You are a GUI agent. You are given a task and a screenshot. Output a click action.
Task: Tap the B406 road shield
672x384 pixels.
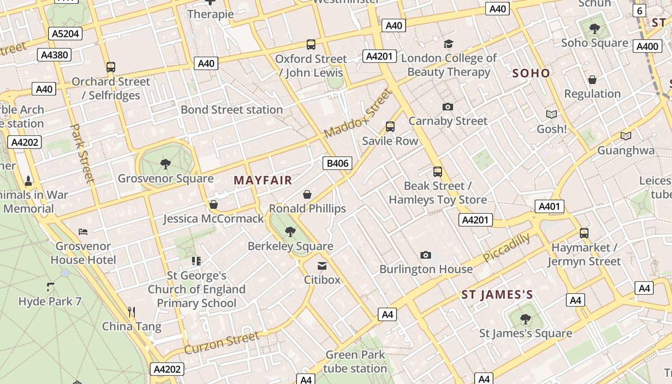coord(337,163)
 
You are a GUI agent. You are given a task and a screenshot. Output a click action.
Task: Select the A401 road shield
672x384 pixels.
coord(549,206)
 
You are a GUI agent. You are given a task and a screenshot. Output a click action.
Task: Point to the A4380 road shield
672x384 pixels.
coord(54,55)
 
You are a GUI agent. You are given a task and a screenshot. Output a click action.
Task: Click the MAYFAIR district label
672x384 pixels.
coord(263,180)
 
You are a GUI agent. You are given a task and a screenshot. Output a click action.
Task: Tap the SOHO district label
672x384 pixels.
coord(531,73)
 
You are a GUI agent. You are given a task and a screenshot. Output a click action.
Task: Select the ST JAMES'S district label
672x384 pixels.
coord(497,295)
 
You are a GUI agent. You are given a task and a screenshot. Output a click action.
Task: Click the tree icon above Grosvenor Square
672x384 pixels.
coord(166,164)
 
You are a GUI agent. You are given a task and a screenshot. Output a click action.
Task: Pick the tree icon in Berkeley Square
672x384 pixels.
coord(290,232)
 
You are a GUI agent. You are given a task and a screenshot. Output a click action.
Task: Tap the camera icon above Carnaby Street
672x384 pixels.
coord(448,107)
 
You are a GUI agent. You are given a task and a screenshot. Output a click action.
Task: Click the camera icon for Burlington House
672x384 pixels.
coord(425,255)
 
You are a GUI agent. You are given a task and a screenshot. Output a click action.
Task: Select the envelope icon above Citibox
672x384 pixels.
coord(322,265)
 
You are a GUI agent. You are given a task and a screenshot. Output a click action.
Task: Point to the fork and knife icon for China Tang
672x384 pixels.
coord(132,312)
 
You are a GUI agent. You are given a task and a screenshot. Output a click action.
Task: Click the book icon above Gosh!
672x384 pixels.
coord(552,114)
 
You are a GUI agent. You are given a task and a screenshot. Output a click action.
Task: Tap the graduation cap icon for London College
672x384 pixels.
coord(448,44)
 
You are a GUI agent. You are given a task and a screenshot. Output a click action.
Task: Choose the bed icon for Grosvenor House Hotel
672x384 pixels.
coord(83,232)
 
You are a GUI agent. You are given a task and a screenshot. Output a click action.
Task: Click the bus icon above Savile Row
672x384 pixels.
coord(390,127)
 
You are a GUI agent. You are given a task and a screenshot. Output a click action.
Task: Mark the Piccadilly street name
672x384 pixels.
coord(506,247)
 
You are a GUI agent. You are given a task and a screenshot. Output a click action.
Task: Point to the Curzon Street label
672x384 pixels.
coord(222,343)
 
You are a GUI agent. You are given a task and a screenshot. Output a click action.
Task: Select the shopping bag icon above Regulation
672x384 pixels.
coord(592,79)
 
